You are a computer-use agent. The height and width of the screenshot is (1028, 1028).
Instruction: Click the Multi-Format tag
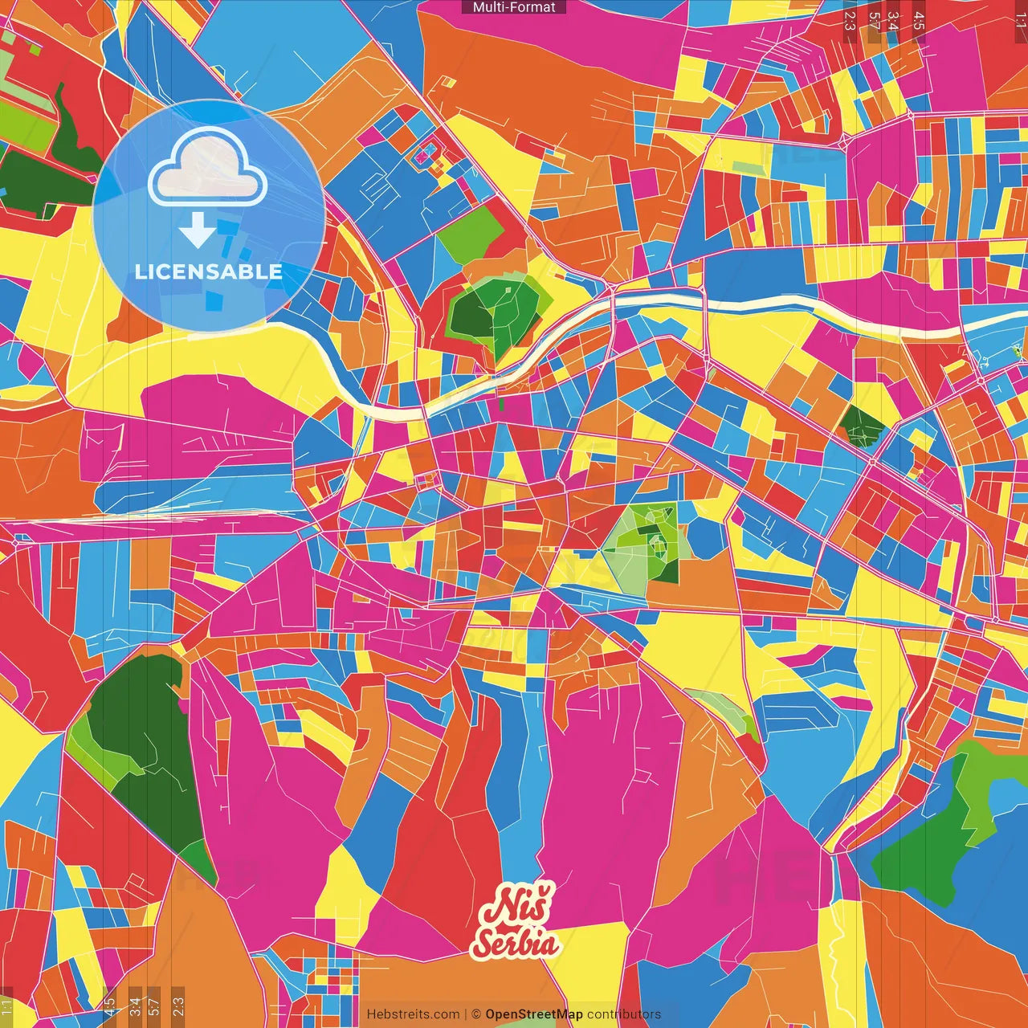point(514,7)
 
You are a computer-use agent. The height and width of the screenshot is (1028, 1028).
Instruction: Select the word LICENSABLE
point(209,271)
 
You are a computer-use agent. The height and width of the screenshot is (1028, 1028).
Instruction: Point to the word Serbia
point(515,942)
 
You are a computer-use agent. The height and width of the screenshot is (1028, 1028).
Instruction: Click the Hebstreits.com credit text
point(413,1014)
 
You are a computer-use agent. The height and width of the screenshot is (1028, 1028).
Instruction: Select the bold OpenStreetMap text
point(534,1014)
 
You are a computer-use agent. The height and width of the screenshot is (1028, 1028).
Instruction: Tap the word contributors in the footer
point(624,1014)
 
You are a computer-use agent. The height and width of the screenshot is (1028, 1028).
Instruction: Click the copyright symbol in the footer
point(476,1014)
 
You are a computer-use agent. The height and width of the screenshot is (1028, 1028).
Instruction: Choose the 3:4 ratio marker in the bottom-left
point(134,1007)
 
